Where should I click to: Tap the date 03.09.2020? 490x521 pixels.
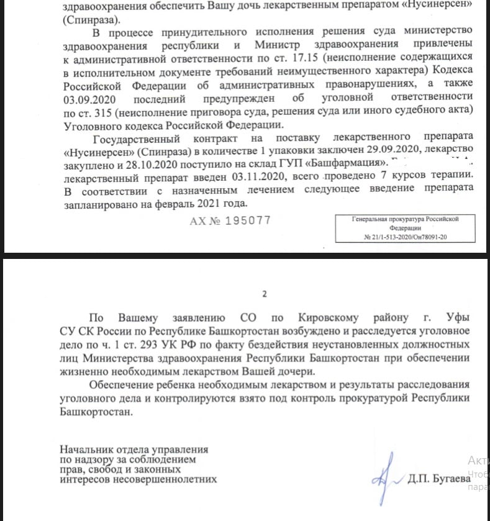click(92, 98)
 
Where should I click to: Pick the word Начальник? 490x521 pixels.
click(84, 448)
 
